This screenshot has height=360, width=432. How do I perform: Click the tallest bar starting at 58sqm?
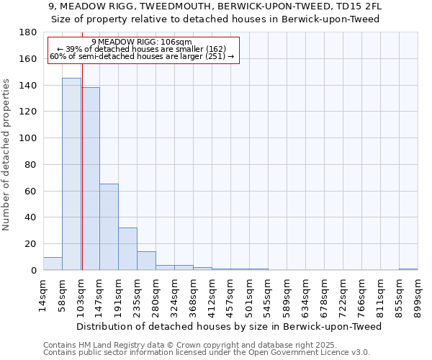tap(71, 174)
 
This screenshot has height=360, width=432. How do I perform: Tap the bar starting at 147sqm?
tap(109, 227)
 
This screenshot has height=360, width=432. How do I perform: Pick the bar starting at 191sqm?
tap(127, 249)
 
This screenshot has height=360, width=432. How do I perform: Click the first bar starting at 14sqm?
tap(53, 264)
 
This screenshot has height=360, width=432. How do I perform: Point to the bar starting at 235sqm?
tap(146, 261)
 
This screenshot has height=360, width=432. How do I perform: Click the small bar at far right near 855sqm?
tap(408, 269)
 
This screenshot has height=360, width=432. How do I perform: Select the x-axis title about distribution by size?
tap(228, 326)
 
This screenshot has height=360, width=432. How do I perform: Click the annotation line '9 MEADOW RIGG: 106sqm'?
tap(142, 42)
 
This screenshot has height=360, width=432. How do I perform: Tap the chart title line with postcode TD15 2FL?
tap(215, 6)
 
